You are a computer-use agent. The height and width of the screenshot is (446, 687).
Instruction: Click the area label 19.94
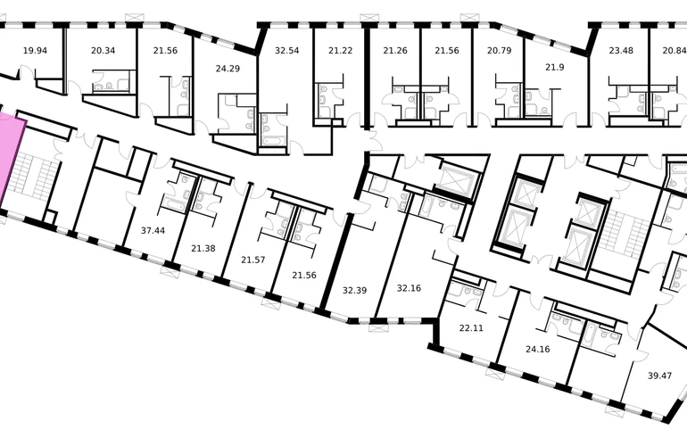(35, 50)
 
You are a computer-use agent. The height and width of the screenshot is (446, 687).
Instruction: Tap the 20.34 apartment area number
(103, 50)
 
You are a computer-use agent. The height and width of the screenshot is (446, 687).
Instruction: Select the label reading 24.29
(228, 69)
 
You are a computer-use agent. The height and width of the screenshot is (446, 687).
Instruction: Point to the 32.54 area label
(287, 50)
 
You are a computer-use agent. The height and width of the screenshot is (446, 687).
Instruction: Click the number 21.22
(341, 50)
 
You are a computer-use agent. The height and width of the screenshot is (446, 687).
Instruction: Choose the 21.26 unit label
(395, 50)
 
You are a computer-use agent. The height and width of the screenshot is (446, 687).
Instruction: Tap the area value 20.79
(499, 50)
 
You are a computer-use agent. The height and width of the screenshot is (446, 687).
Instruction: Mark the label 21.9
(555, 67)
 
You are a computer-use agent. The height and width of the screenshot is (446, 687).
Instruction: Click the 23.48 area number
(621, 50)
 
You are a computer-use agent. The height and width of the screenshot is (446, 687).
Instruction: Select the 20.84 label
(675, 50)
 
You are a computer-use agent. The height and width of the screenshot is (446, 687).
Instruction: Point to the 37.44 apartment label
(153, 230)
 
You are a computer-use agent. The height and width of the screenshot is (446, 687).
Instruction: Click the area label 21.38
(203, 248)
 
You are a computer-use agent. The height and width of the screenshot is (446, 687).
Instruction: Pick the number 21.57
(253, 260)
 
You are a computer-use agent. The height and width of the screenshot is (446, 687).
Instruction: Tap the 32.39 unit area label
(354, 290)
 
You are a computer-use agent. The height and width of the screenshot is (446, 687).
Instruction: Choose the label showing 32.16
(409, 288)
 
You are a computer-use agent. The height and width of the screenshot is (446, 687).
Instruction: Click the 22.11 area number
(471, 327)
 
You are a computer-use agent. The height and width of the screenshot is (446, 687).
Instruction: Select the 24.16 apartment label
(538, 349)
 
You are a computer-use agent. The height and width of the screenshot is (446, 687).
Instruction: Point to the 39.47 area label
(660, 376)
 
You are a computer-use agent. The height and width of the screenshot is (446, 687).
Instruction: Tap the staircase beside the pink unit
(33, 176)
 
